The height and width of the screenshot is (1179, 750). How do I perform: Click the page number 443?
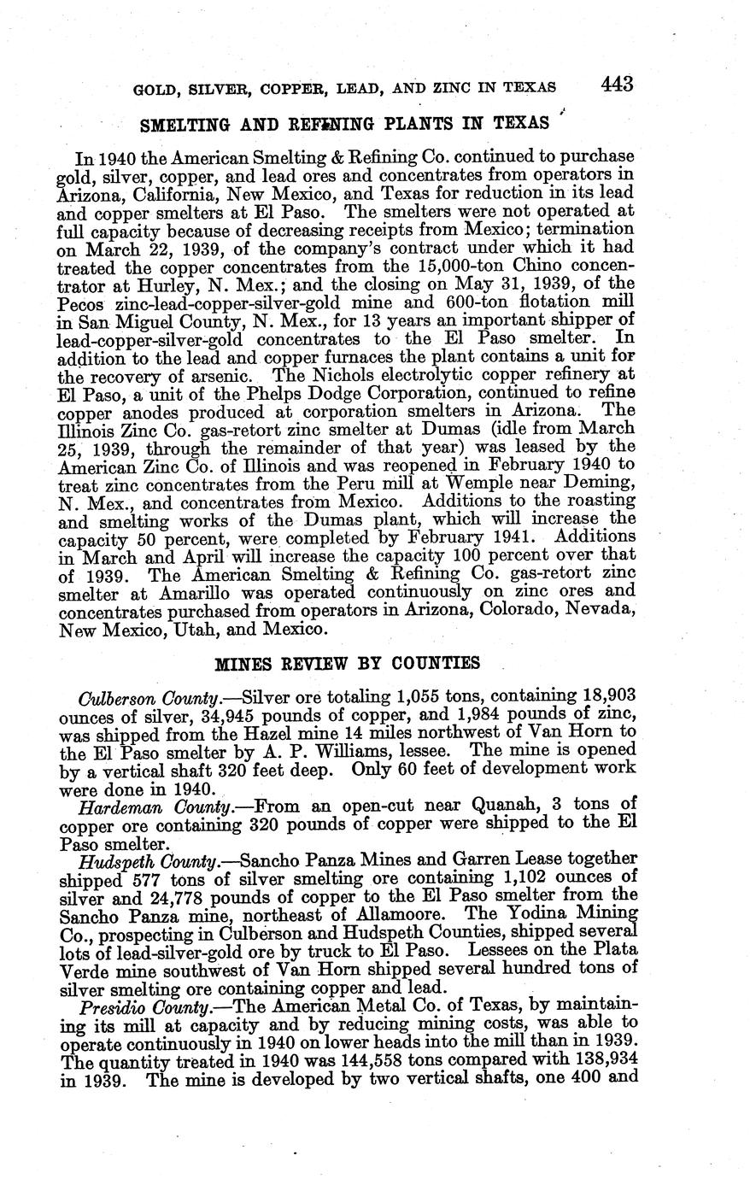[617, 84]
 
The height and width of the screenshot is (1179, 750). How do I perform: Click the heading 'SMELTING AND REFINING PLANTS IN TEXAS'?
[344, 124]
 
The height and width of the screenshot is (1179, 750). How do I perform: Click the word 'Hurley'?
[173, 285]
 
